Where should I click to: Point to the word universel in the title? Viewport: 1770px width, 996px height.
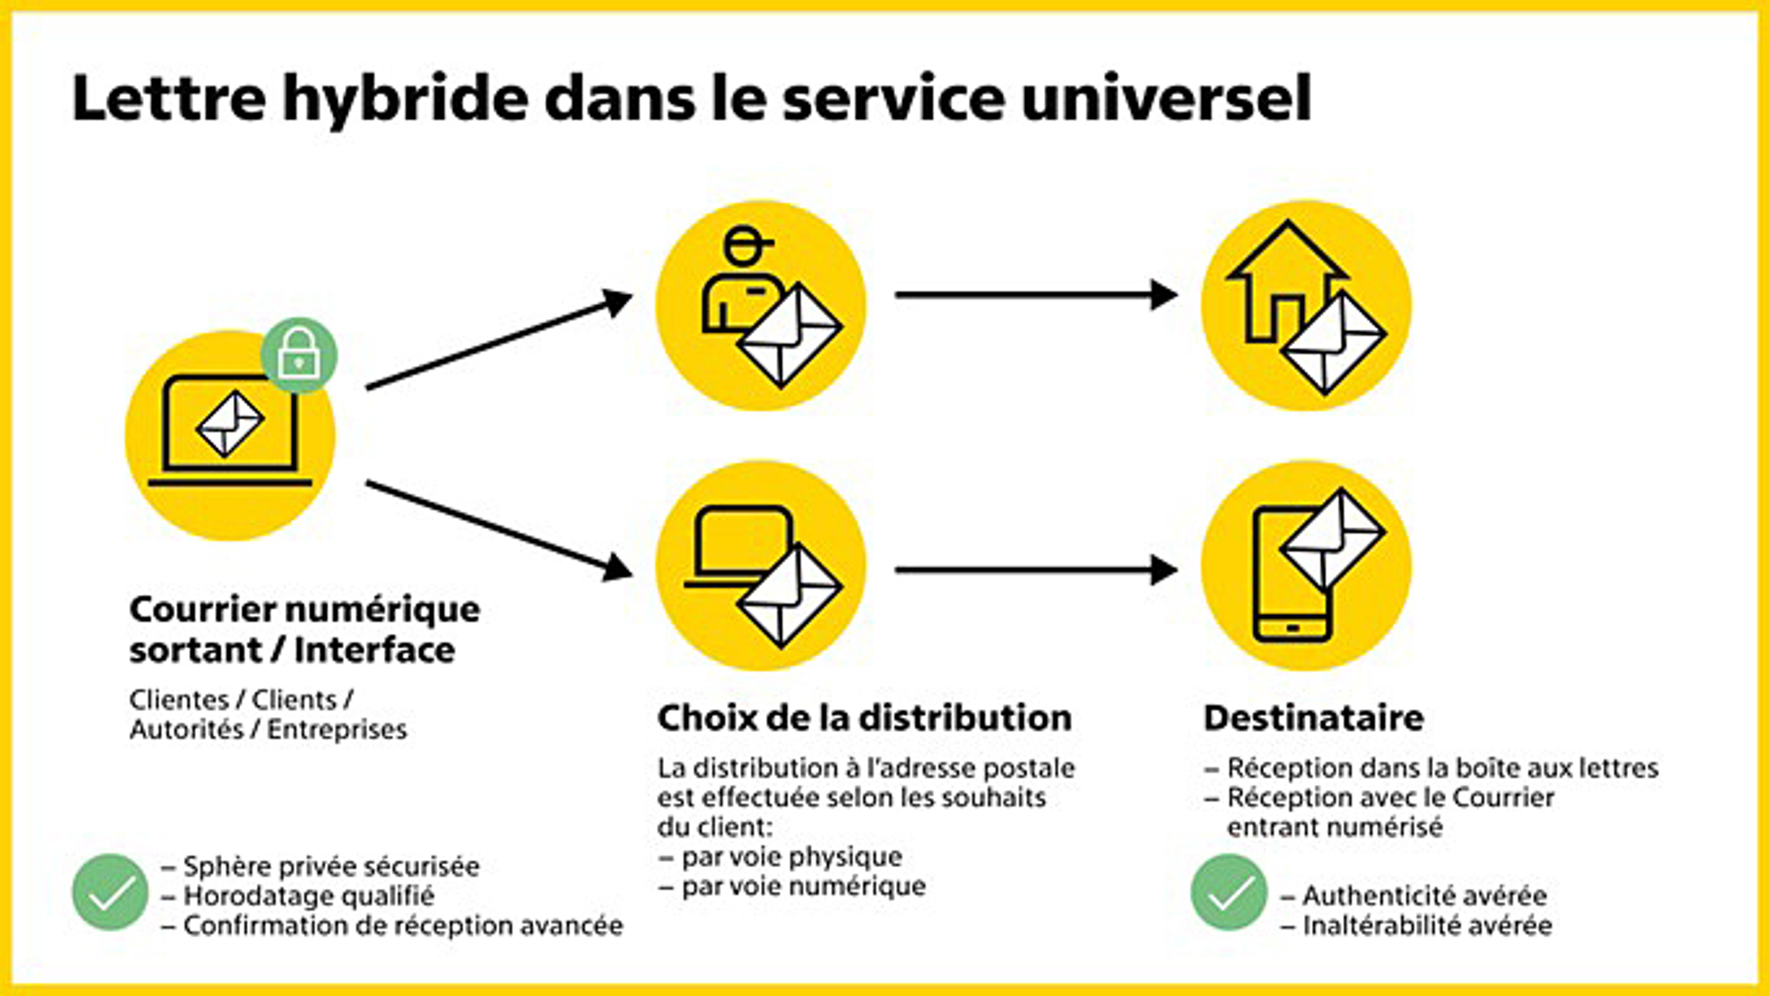(1166, 98)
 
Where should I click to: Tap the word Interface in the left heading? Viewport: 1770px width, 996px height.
(375, 649)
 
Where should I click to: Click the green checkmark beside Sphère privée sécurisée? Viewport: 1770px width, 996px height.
(110, 892)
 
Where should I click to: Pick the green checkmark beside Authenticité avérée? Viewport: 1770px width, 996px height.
(1229, 892)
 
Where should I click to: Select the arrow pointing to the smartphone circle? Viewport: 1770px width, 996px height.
(1036, 570)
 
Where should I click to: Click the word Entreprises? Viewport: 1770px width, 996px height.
(337, 729)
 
